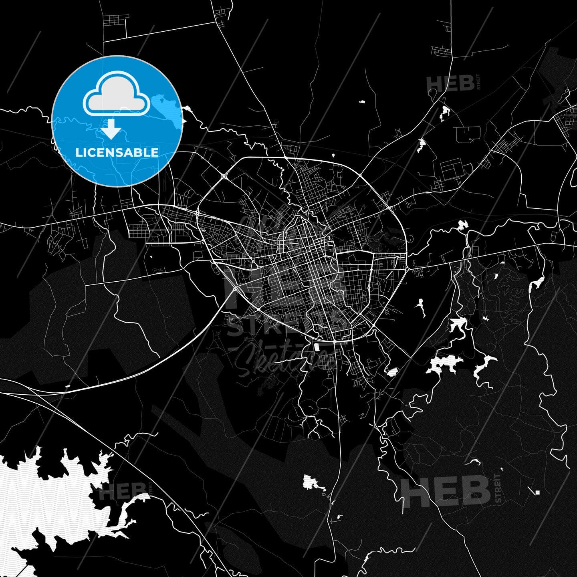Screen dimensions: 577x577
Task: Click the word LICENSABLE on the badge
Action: click(117, 152)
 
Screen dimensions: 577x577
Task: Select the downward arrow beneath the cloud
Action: click(111, 129)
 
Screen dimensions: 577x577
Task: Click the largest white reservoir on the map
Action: click(48, 493)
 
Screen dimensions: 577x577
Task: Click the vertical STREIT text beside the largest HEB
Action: click(498, 488)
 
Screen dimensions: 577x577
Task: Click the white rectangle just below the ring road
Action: click(318, 347)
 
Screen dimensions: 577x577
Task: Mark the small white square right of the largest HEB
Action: click(537, 492)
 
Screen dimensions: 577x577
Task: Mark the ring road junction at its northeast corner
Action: click(360, 175)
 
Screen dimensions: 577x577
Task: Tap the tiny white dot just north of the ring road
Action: click(333, 155)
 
